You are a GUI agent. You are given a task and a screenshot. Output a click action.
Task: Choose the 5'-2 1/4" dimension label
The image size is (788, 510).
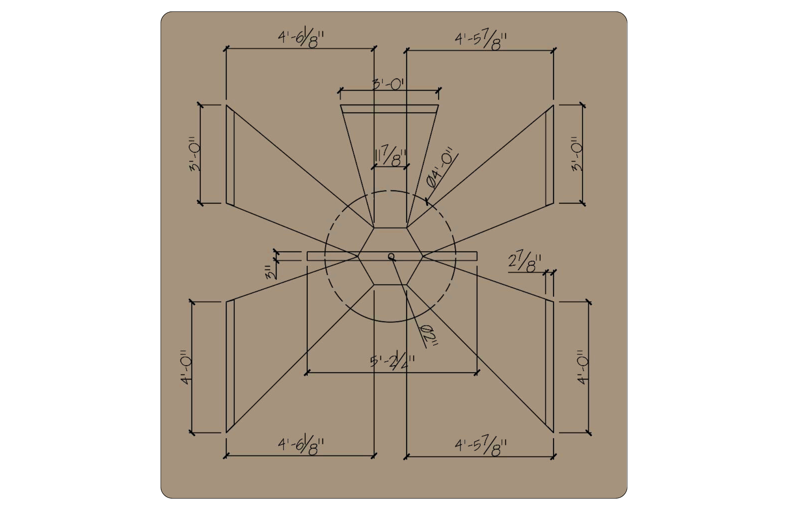point(392,361)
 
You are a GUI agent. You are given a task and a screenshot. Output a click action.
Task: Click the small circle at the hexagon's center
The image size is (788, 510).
point(391,257)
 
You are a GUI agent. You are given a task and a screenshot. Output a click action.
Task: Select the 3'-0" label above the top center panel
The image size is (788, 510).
point(389,84)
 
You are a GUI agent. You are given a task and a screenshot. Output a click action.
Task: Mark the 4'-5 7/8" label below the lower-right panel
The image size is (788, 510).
point(480,447)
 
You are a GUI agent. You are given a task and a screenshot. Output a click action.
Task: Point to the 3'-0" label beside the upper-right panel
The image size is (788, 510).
point(578,154)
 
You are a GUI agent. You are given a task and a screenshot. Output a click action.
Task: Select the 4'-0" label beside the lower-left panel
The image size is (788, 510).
point(186,367)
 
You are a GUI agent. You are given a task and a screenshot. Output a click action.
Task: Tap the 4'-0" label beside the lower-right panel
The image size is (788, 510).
point(583,367)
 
